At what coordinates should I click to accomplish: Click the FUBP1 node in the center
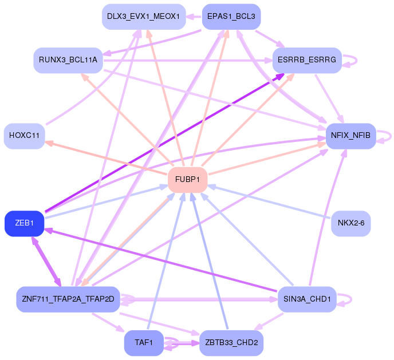tap(187, 180)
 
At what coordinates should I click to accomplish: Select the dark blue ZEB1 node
tap(25, 223)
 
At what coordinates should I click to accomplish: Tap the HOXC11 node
tap(24, 136)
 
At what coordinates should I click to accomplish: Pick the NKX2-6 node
tap(351, 223)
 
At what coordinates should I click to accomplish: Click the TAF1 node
tap(144, 343)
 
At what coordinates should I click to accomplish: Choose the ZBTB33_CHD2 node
tap(231, 343)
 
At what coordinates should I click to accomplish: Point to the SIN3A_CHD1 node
tap(307, 299)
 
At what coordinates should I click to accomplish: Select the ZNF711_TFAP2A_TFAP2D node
tap(68, 299)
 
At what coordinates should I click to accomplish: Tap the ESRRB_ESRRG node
tap(307, 60)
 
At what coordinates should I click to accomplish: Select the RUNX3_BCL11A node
tap(68, 60)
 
